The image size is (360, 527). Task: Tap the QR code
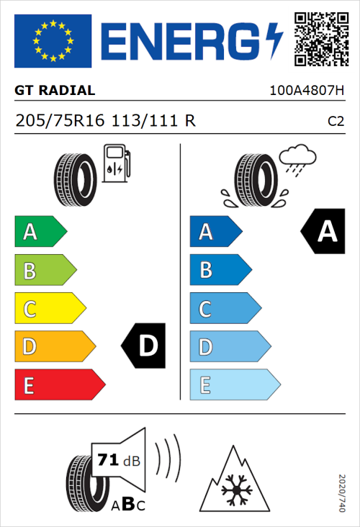point(319,37)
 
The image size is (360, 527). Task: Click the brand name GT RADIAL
point(55,91)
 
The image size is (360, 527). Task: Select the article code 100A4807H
point(306,91)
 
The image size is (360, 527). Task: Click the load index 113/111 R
point(153,121)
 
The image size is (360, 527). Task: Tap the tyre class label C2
point(336,122)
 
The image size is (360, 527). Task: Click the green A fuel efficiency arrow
point(40,232)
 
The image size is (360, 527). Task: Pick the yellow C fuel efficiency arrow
point(50,309)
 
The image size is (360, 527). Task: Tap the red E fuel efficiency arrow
point(59,385)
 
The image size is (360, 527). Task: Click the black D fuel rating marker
point(144,346)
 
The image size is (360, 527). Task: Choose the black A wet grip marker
point(323,232)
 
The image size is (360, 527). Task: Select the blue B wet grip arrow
point(220,270)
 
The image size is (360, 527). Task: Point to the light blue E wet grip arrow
point(234,385)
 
